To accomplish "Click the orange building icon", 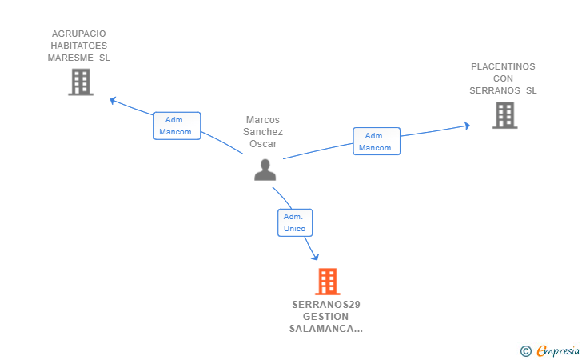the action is click(328, 282).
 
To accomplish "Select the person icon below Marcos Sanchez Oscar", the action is click(265, 170).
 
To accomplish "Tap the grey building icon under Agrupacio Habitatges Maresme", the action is click(81, 82).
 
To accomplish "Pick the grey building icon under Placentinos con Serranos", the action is click(504, 115).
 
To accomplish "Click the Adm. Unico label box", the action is click(295, 222).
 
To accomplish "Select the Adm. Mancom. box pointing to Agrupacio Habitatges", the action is click(177, 126).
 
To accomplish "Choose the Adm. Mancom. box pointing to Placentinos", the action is click(377, 141).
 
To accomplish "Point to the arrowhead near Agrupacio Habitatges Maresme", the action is click(114, 100).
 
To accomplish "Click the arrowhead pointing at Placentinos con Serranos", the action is click(467, 126).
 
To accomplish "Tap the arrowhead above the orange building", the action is click(315, 257).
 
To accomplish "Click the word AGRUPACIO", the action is click(78, 34).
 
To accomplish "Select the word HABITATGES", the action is click(78, 46).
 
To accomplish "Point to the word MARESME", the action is click(70, 58).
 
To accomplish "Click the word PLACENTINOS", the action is click(503, 66).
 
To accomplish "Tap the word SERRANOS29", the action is click(326, 305).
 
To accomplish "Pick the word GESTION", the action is click(325, 317).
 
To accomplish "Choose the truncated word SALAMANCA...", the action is click(326, 329).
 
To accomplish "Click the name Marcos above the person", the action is click(263, 120).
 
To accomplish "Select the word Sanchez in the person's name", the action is click(263, 132).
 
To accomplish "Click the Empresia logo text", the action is click(558, 350).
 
